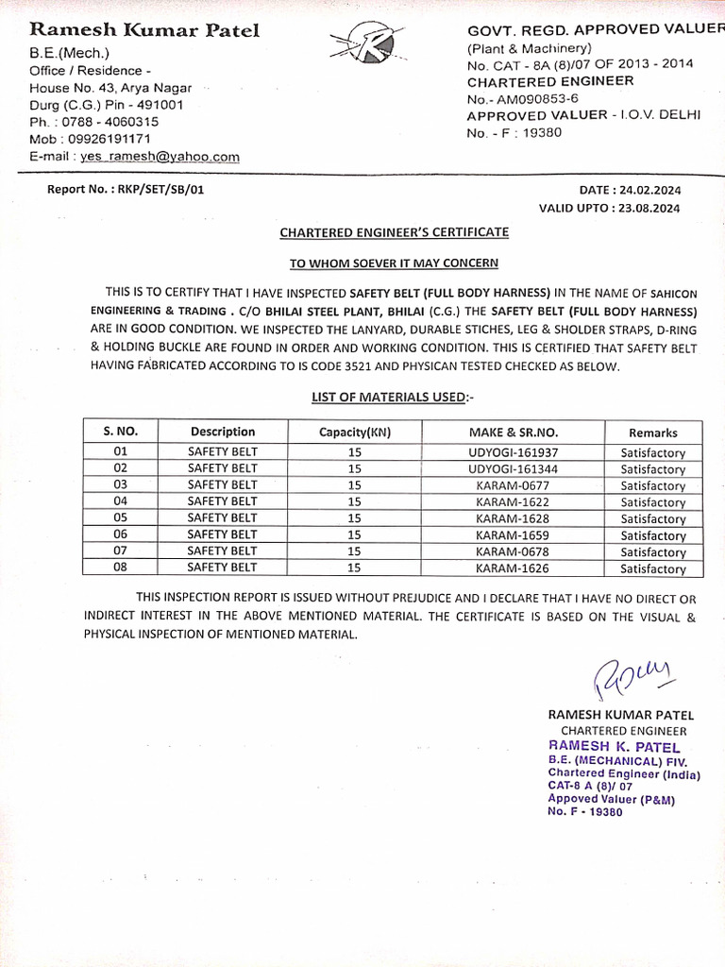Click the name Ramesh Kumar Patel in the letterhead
(144, 31)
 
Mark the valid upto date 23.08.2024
(647, 208)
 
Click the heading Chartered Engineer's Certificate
(394, 232)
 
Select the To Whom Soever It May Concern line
(393, 263)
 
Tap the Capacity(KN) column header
(355, 433)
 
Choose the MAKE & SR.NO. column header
(513, 433)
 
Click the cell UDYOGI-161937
(513, 452)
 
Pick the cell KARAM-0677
(513, 485)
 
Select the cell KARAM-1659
(513, 534)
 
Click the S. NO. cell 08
(120, 568)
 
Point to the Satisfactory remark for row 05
(653, 518)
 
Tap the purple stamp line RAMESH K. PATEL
(614, 747)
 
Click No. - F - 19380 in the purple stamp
(585, 812)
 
